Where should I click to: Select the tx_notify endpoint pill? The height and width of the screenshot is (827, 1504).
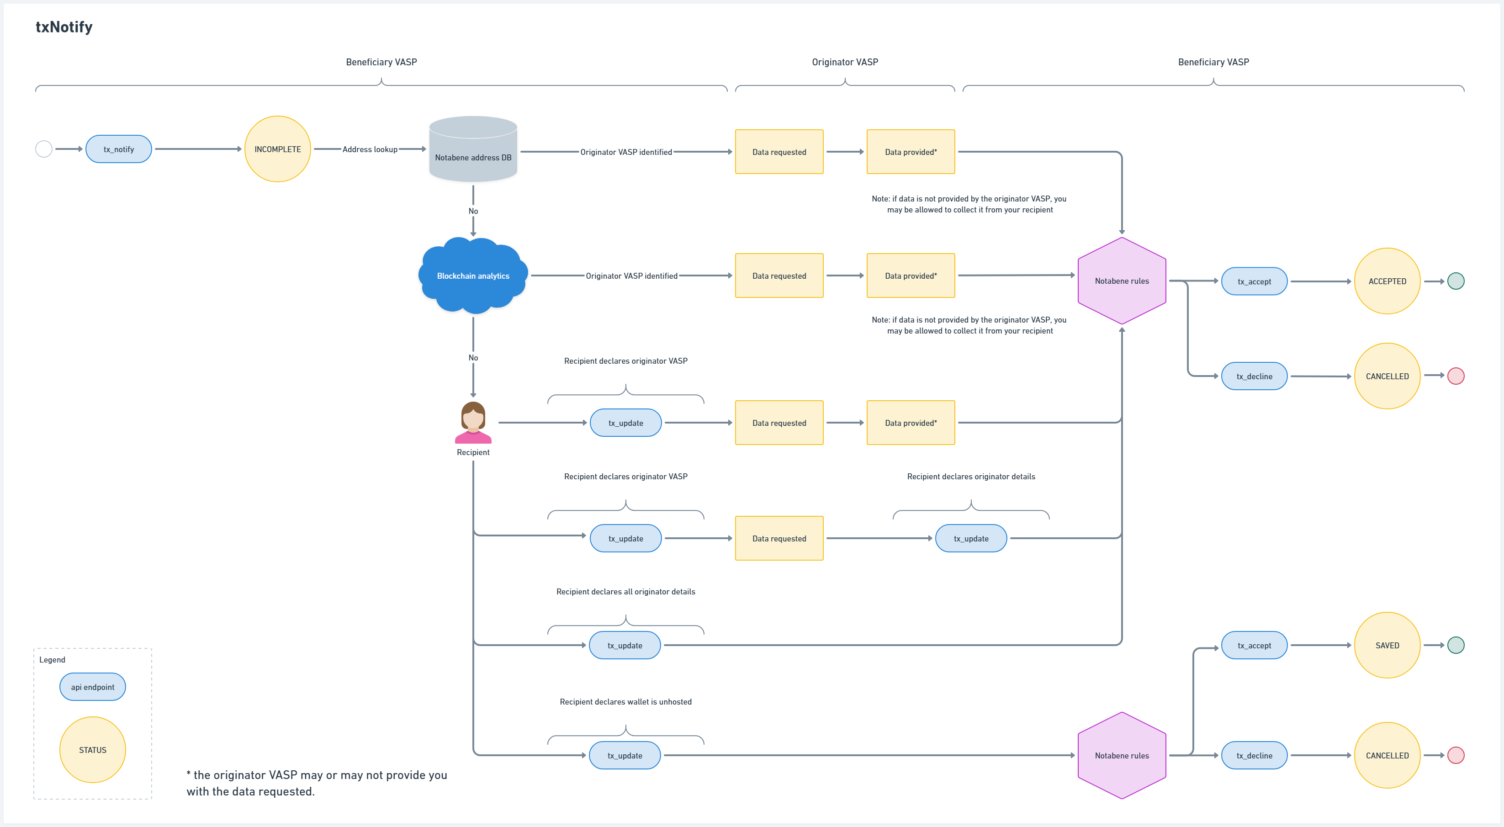pyautogui.click(x=118, y=149)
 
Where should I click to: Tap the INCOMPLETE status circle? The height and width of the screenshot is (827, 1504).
pyautogui.click(x=277, y=149)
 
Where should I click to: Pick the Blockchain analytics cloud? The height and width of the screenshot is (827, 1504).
pyautogui.click(x=473, y=276)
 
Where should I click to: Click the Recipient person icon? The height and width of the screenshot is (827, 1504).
pyautogui.click(x=473, y=422)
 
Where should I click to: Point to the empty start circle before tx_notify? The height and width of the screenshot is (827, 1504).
pyautogui.click(x=44, y=149)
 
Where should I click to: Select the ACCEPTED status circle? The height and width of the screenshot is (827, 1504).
pyautogui.click(x=1387, y=281)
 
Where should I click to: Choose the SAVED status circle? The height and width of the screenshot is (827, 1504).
pyautogui.click(x=1387, y=645)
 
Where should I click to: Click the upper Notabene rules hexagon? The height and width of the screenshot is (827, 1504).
pyautogui.click(x=1122, y=281)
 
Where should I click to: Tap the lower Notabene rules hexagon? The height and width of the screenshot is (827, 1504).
pyautogui.click(x=1122, y=755)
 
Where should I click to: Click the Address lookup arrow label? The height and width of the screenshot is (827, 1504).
pyautogui.click(x=370, y=149)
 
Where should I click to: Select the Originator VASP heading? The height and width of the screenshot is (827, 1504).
pyautogui.click(x=844, y=62)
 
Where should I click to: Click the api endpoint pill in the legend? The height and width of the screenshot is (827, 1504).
pyautogui.click(x=92, y=687)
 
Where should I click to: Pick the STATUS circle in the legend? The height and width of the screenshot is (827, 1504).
pyautogui.click(x=92, y=750)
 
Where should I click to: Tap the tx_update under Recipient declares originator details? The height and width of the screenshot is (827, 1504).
pyautogui.click(x=970, y=539)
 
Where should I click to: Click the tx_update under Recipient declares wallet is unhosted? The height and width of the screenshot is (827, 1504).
pyautogui.click(x=625, y=755)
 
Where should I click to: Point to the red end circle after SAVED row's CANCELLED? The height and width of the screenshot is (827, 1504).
pyautogui.click(x=1456, y=755)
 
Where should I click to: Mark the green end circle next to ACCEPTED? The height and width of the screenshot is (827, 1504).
pyautogui.click(x=1456, y=281)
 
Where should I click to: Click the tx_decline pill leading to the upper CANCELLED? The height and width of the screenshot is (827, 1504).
pyautogui.click(x=1254, y=376)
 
